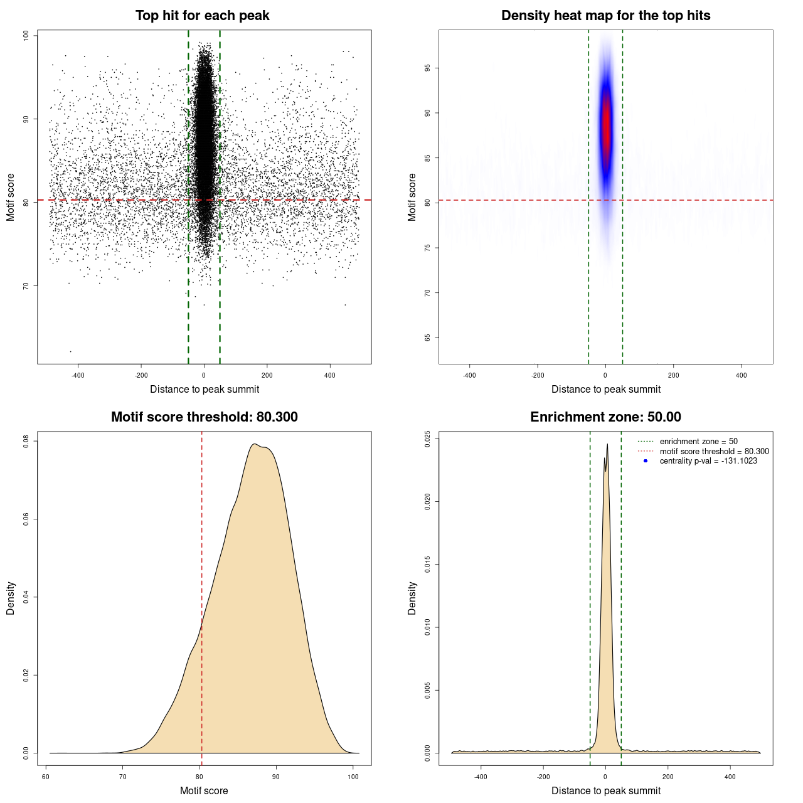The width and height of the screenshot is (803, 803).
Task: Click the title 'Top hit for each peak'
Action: point(202,16)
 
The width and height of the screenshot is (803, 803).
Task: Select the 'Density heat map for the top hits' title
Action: point(605,16)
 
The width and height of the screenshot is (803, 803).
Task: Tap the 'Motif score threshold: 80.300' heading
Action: point(204,417)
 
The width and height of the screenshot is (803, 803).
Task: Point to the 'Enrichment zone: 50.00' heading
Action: point(605,417)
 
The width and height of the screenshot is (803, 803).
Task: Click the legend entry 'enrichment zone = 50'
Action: point(698,442)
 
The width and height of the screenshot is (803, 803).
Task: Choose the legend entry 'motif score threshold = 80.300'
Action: point(714,451)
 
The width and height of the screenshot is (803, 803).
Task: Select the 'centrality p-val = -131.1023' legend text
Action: point(708,461)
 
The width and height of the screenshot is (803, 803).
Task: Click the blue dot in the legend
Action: point(646,461)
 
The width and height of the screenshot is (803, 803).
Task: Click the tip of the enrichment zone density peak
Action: point(607,445)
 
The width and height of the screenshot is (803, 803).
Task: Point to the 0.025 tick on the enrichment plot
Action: point(428,438)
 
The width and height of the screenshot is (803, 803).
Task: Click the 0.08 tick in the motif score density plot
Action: point(26,442)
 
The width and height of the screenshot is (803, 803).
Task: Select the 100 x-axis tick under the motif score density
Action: point(353,777)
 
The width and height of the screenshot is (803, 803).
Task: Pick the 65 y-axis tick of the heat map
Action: point(428,338)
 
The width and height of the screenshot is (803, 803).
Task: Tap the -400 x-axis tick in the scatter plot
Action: point(78,375)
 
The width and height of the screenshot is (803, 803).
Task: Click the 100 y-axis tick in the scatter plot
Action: point(26,36)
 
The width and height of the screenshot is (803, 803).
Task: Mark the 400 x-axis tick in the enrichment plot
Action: point(730,777)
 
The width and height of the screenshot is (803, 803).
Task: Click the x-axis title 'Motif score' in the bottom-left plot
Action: point(204,790)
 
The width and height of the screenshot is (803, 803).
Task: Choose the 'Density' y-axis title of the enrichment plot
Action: point(412,598)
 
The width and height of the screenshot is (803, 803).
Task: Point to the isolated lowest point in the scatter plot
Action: point(70,351)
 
